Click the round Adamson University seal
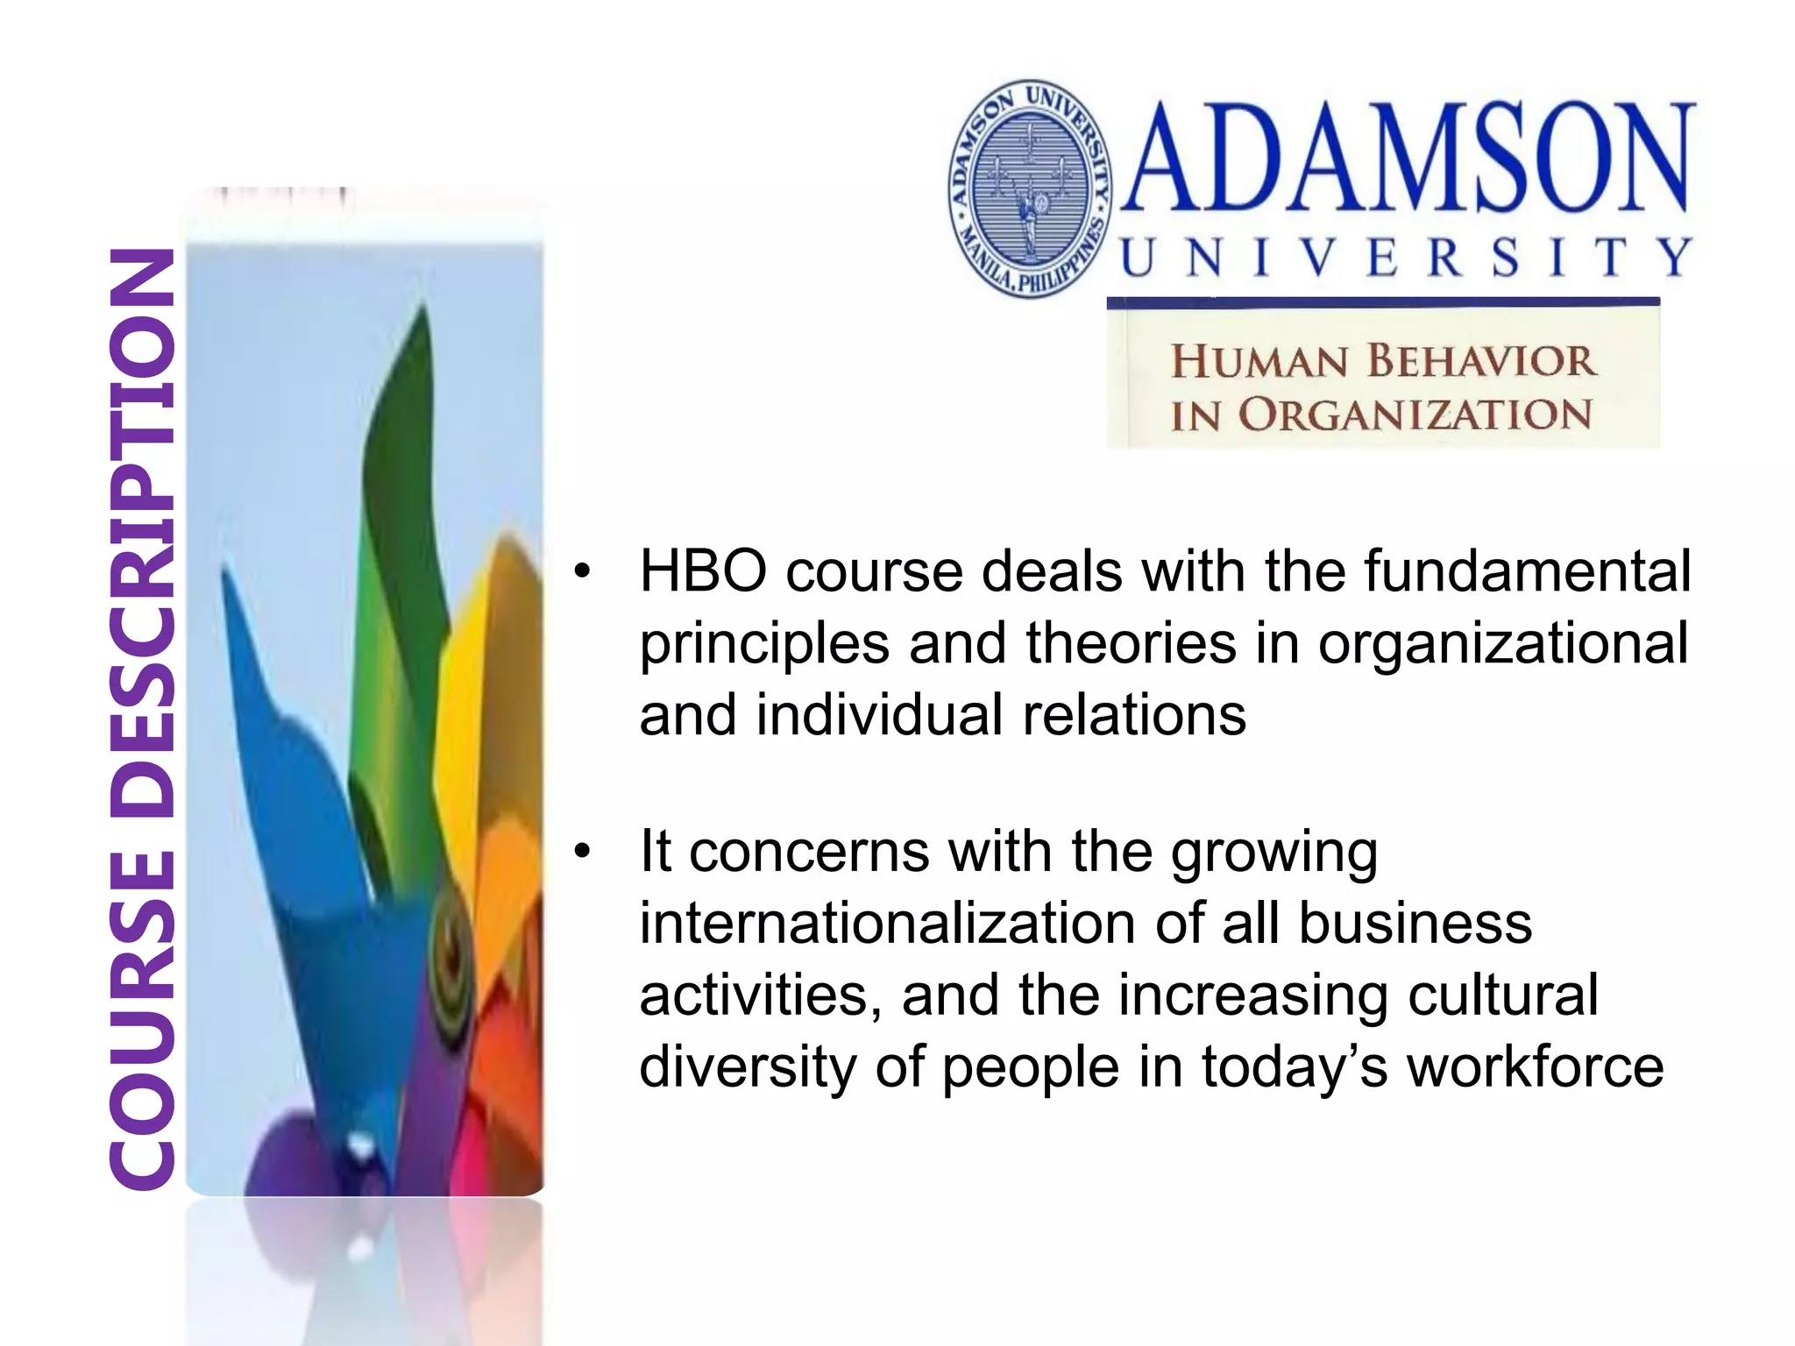coord(1032,189)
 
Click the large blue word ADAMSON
coord(1406,158)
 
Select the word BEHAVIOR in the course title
coord(1481,361)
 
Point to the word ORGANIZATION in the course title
coord(1415,414)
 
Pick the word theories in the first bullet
coord(1131,644)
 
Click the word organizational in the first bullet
coord(1503,644)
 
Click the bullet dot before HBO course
coord(582,573)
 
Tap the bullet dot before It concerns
coord(582,853)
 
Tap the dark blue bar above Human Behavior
coord(1383,302)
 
